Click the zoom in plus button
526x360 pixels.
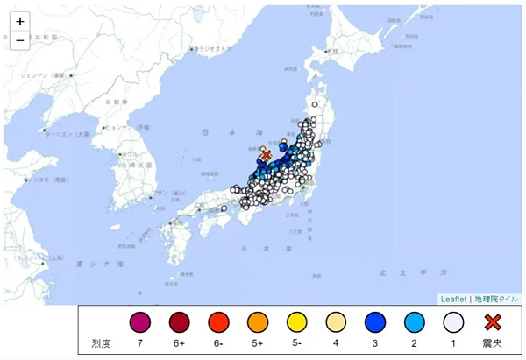[x=19, y=21]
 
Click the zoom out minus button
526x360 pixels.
[x=19, y=39]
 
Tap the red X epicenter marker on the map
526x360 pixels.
[x=266, y=154]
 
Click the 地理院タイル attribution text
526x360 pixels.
[x=497, y=299]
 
